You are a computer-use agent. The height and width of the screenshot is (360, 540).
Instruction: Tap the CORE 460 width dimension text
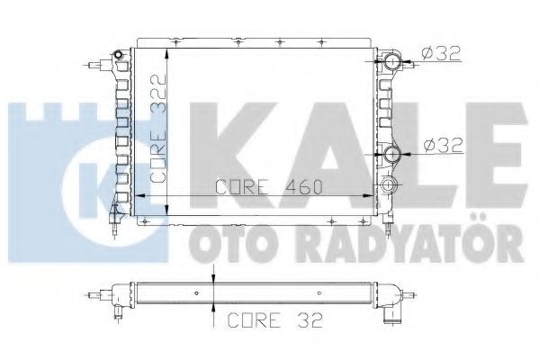271,188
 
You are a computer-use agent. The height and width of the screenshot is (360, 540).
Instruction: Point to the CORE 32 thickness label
267,319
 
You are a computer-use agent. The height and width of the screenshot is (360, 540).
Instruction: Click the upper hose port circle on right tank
392,63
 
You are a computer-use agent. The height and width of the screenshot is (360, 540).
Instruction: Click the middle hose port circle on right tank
392,155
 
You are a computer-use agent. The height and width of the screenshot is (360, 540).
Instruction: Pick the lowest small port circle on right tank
389,185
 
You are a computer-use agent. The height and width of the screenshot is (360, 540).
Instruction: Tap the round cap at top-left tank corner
117,56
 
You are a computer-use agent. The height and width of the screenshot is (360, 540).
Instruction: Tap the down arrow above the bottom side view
212,280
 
